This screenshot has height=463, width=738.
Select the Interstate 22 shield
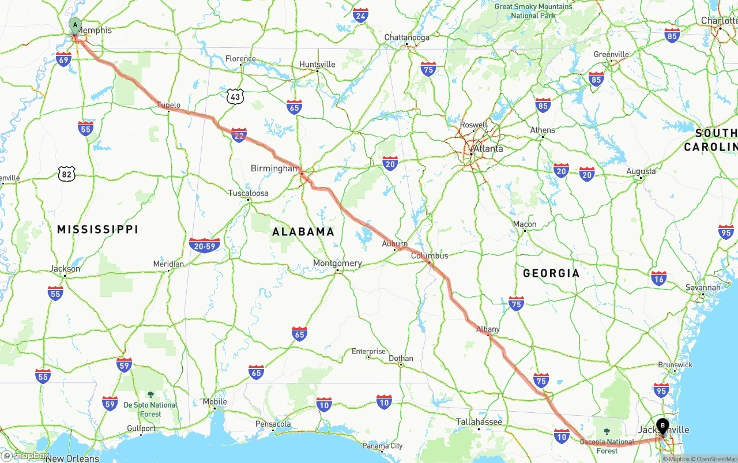239,135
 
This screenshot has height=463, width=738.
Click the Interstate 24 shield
361,15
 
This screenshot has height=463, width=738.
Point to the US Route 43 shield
235,97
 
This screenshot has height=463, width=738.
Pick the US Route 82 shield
66,173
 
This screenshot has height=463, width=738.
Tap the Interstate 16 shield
658,278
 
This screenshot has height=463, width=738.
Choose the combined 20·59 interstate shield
205,246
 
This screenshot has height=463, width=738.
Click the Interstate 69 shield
64,58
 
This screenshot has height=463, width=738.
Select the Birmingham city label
275,168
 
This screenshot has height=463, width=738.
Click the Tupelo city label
169,105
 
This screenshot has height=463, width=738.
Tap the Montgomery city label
337,263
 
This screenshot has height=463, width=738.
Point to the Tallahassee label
479,422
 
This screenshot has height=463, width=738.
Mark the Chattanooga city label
407,37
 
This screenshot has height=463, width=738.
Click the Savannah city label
703,287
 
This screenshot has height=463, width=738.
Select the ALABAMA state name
303,232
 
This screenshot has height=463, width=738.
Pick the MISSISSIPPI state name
97,229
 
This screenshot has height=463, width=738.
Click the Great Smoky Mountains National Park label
533,11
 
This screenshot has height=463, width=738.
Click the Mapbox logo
25,456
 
